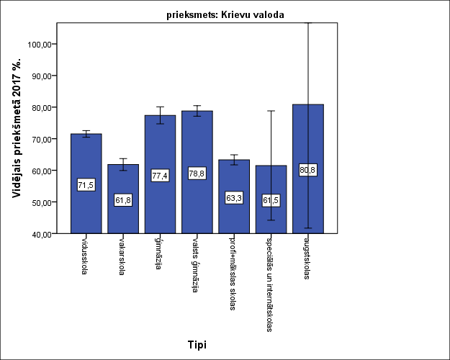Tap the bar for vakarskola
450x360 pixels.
(123, 216)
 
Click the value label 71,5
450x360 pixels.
(86, 185)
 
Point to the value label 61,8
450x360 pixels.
(123, 200)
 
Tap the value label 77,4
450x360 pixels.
(160, 175)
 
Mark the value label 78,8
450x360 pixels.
(197, 173)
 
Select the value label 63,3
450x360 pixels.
(233, 197)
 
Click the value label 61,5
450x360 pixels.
(271, 200)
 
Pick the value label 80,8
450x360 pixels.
(307, 170)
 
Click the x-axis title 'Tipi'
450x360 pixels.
(197, 344)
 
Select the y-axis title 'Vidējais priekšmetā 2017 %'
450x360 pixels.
(17, 138)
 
